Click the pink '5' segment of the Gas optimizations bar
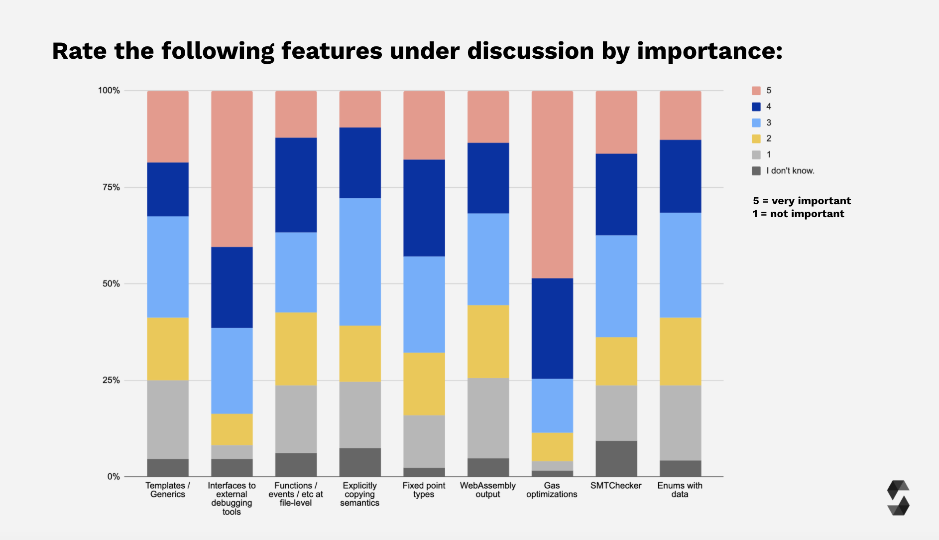tap(552, 184)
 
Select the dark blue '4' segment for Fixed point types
tap(424, 208)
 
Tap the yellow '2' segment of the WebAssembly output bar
tap(488, 341)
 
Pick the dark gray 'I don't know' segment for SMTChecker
tap(616, 458)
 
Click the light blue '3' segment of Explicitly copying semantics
tap(360, 262)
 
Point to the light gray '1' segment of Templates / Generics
tap(168, 419)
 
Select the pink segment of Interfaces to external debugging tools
tap(232, 168)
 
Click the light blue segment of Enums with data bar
tap(680, 265)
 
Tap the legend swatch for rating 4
tap(756, 107)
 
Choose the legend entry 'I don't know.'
tap(790, 171)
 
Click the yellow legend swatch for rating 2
tap(756, 138)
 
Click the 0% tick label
tap(114, 477)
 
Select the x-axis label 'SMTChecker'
tap(616, 486)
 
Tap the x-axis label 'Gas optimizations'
tap(552, 490)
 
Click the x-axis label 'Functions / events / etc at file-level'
tap(296, 494)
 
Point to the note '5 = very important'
tap(802, 201)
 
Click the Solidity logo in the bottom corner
tap(898, 498)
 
